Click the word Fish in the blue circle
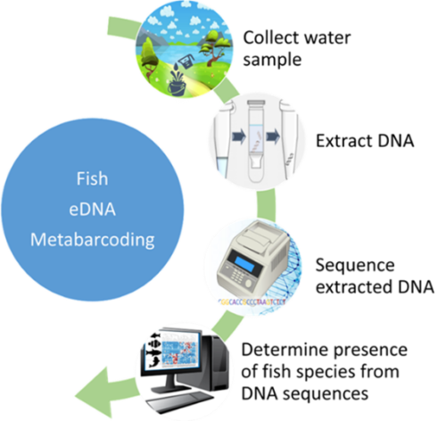coord(92,178)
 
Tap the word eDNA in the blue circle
coord(92,210)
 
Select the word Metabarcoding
coord(93,240)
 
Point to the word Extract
coord(343,141)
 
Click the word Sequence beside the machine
coord(355,265)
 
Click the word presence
coord(370,351)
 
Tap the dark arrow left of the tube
coord(239,136)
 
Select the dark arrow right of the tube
coord(273,136)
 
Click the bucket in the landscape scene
coord(177,87)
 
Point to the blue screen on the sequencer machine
coord(244,262)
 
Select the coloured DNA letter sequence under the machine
coord(252,302)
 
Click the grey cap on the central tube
coord(256,103)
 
